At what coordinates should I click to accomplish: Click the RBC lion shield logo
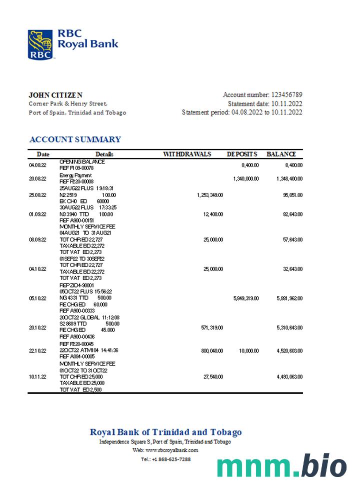click(40, 44)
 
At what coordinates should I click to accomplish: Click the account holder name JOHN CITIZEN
click(55, 95)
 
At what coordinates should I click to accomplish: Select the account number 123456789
click(286, 95)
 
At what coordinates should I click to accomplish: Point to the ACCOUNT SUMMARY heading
click(75, 139)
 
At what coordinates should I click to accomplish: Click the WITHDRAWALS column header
click(187, 154)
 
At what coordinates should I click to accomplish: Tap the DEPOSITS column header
click(242, 154)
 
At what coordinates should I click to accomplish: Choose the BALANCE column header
click(281, 154)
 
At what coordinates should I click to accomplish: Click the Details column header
click(104, 154)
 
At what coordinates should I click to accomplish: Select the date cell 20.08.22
click(37, 178)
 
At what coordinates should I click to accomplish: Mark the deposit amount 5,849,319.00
click(246, 298)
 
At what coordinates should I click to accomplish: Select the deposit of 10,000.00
click(249, 351)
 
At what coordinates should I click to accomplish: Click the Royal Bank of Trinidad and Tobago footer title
click(165, 432)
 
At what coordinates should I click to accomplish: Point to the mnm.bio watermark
click(281, 467)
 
